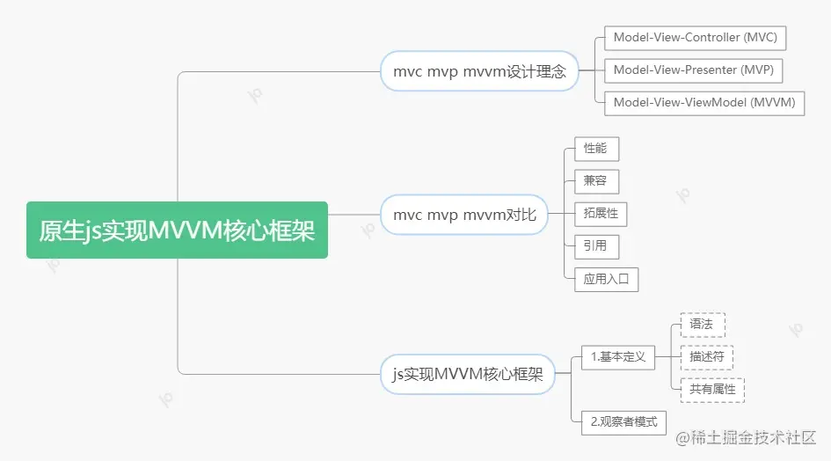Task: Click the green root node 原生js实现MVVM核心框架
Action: point(177,230)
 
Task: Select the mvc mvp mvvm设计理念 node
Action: point(479,71)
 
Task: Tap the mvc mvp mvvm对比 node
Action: point(464,215)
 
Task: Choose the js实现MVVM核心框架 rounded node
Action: point(468,374)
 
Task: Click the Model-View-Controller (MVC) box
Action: point(695,38)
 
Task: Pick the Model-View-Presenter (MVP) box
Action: point(694,70)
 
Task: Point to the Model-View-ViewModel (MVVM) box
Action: point(703,102)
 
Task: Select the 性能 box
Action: point(595,149)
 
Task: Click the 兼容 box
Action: point(595,181)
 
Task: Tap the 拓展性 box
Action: point(601,213)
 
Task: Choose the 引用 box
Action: point(595,245)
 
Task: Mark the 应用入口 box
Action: point(606,279)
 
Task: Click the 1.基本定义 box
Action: point(618,356)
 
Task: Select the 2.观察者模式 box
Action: point(623,421)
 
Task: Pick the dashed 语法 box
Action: point(702,324)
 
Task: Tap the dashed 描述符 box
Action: point(706,356)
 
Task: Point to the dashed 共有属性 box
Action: point(712,389)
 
